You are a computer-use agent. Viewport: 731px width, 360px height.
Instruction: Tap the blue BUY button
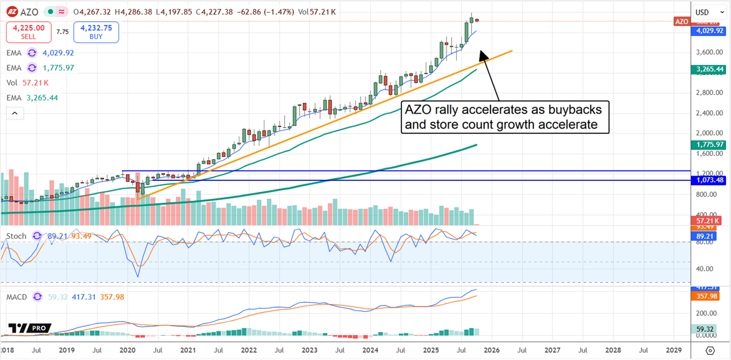96,32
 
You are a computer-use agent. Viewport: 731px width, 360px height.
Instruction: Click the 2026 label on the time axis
492,351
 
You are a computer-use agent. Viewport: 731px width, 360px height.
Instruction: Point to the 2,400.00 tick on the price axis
707,113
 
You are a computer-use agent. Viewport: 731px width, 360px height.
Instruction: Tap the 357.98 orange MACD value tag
707,297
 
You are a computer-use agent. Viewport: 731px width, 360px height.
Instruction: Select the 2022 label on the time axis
248,351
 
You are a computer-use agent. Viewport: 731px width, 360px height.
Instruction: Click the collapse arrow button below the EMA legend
15,113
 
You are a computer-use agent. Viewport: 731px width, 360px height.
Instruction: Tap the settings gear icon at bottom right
710,351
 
